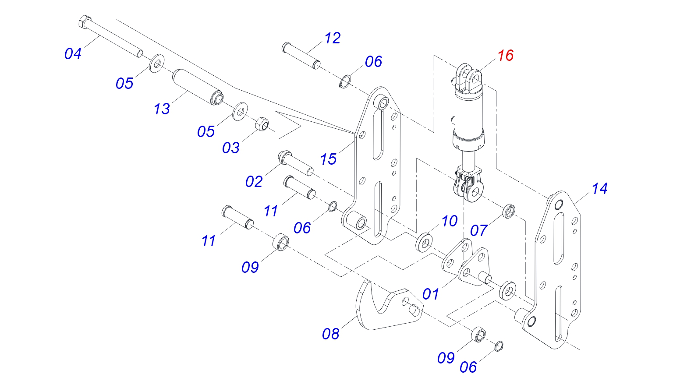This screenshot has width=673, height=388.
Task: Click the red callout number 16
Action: [505, 56]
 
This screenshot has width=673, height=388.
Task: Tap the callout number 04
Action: [73, 54]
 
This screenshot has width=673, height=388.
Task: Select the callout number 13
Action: [162, 109]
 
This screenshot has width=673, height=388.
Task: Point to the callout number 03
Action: [230, 148]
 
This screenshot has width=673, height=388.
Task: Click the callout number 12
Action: [332, 38]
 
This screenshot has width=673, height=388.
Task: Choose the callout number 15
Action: [328, 159]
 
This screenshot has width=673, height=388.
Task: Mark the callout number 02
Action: [254, 181]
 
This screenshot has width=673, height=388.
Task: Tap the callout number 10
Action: [449, 221]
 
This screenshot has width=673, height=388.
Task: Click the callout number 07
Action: [478, 230]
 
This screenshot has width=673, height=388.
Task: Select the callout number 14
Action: [599, 189]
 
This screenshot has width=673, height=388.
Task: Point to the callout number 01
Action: [430, 294]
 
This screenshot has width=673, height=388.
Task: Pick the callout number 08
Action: [330, 334]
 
